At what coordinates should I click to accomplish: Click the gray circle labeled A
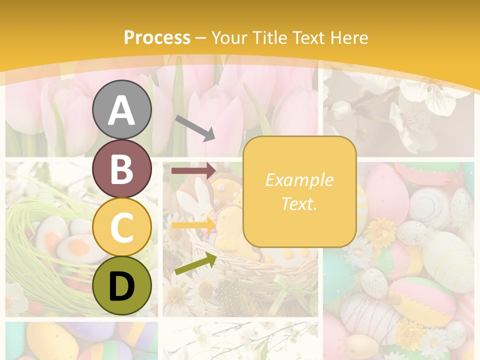pyautogui.click(x=122, y=109)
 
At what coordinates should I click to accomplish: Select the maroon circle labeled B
pyautogui.click(x=122, y=168)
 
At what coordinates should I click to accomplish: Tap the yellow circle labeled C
pyautogui.click(x=122, y=227)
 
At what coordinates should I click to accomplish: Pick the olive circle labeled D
pyautogui.click(x=122, y=286)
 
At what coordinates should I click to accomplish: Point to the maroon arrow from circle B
pyautogui.click(x=193, y=170)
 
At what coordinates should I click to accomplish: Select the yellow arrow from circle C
pyautogui.click(x=193, y=225)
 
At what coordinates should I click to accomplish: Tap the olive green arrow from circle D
pyautogui.click(x=195, y=264)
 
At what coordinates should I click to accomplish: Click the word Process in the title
pyautogui.click(x=157, y=38)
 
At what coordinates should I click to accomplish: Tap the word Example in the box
pyautogui.click(x=299, y=180)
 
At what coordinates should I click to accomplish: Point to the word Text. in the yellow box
pyautogui.click(x=299, y=203)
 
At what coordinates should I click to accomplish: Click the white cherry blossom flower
pyautogui.click(x=430, y=95)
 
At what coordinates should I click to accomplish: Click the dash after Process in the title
pyautogui.click(x=200, y=38)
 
